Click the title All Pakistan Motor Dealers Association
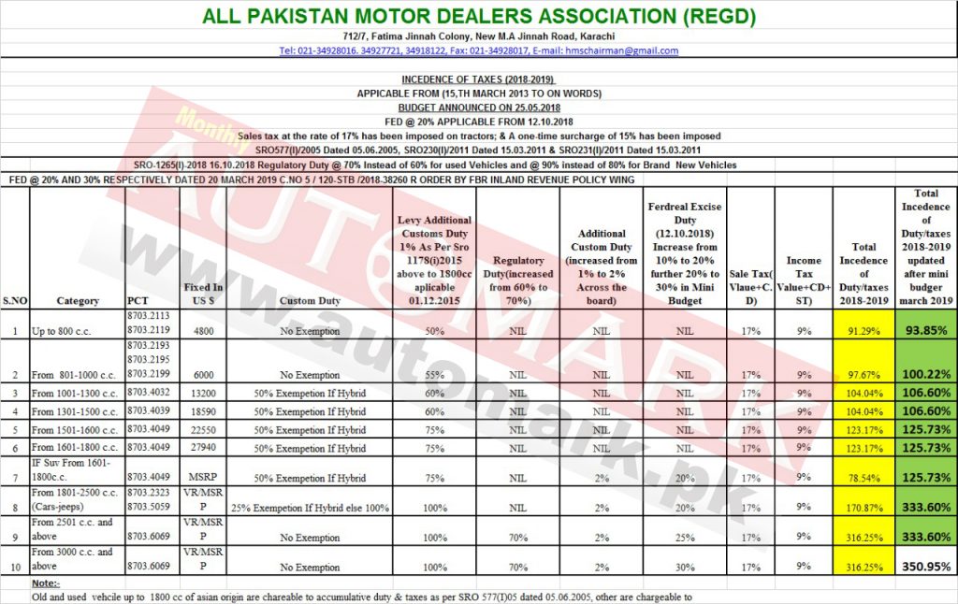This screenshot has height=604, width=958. click(479, 16)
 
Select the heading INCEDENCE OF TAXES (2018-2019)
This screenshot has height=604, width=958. click(479, 79)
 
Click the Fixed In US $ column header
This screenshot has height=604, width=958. click(204, 295)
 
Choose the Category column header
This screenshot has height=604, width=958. click(78, 301)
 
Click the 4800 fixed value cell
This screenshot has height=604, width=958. click(204, 330)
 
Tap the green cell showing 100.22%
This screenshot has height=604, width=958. click(925, 374)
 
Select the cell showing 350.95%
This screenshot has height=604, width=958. click(925, 567)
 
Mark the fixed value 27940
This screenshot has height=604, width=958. click(204, 449)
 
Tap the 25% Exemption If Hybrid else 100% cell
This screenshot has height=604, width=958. click(310, 508)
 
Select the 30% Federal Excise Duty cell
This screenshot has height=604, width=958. click(685, 567)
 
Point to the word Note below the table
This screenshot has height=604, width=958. click(44, 582)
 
